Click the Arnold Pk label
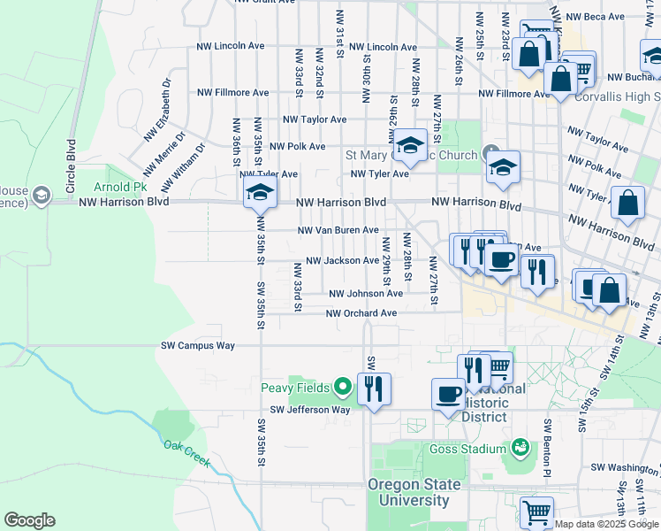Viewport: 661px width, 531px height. (x=121, y=188)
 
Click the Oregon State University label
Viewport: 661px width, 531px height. (x=414, y=493)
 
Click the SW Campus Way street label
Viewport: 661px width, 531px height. (x=198, y=345)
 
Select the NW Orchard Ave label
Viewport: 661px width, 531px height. (x=361, y=313)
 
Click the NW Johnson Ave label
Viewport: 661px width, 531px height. (x=366, y=294)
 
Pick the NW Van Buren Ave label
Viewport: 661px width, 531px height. (x=338, y=230)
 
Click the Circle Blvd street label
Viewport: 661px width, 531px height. (x=72, y=158)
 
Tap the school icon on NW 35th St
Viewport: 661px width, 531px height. (x=259, y=192)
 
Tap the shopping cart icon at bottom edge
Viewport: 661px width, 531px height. (x=536, y=512)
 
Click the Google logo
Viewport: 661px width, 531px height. (x=29, y=520)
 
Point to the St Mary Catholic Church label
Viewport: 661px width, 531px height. (x=411, y=156)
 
